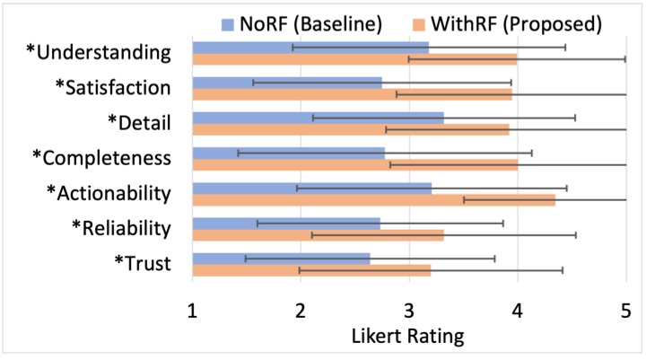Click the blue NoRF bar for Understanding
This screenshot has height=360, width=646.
point(310,47)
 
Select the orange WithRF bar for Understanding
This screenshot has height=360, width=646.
point(355,59)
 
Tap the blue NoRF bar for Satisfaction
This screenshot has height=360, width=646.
point(287,82)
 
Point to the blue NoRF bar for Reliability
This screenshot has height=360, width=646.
point(286,223)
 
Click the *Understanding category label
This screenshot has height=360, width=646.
point(99,52)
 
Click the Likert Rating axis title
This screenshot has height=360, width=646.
point(409,337)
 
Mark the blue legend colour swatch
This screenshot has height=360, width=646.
point(228,19)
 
